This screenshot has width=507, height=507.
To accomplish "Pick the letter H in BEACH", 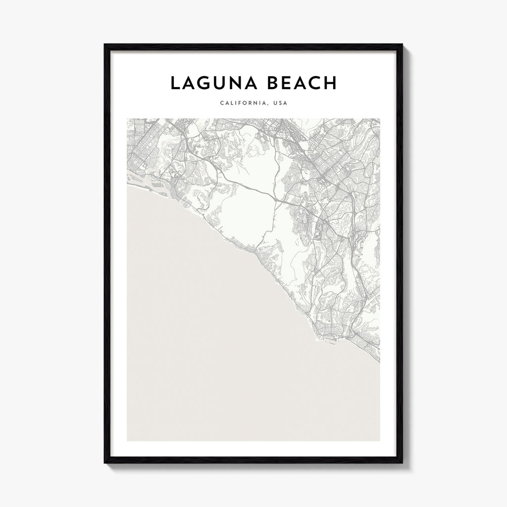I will coord(329,83).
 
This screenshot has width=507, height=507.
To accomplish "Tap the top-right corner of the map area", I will coord(380,119).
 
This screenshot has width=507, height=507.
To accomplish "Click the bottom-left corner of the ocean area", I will coord(128,440).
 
